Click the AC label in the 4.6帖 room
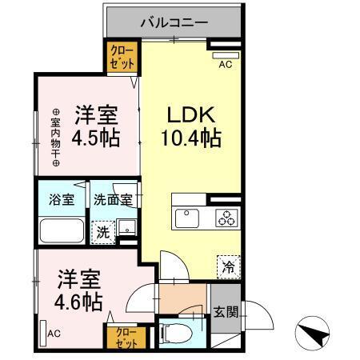54,333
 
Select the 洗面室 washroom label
112,200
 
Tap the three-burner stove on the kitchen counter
227,217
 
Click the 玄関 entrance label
223,312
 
